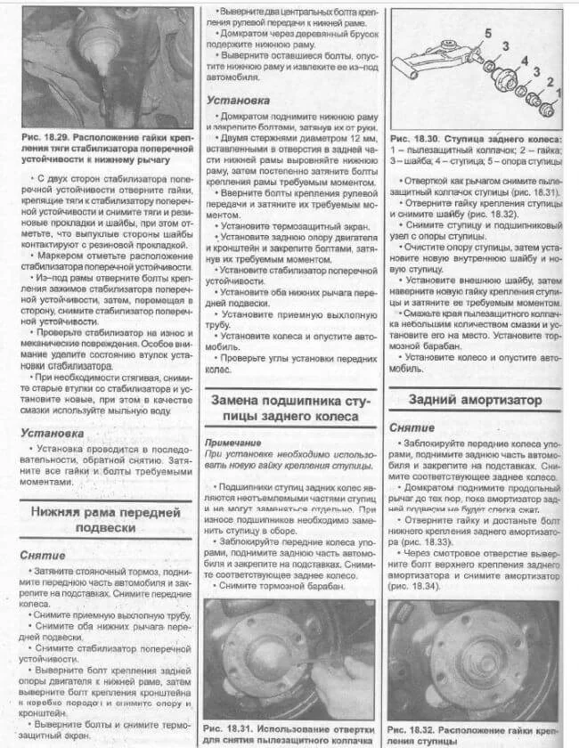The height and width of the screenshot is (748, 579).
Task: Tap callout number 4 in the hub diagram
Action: pos(525,61)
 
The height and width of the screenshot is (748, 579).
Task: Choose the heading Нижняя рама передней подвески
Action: pos(105,520)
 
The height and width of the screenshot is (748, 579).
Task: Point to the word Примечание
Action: pos(232,443)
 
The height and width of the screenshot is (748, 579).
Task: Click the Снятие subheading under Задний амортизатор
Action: pos(412,427)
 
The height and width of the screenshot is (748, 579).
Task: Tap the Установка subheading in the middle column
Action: pos(238,101)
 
